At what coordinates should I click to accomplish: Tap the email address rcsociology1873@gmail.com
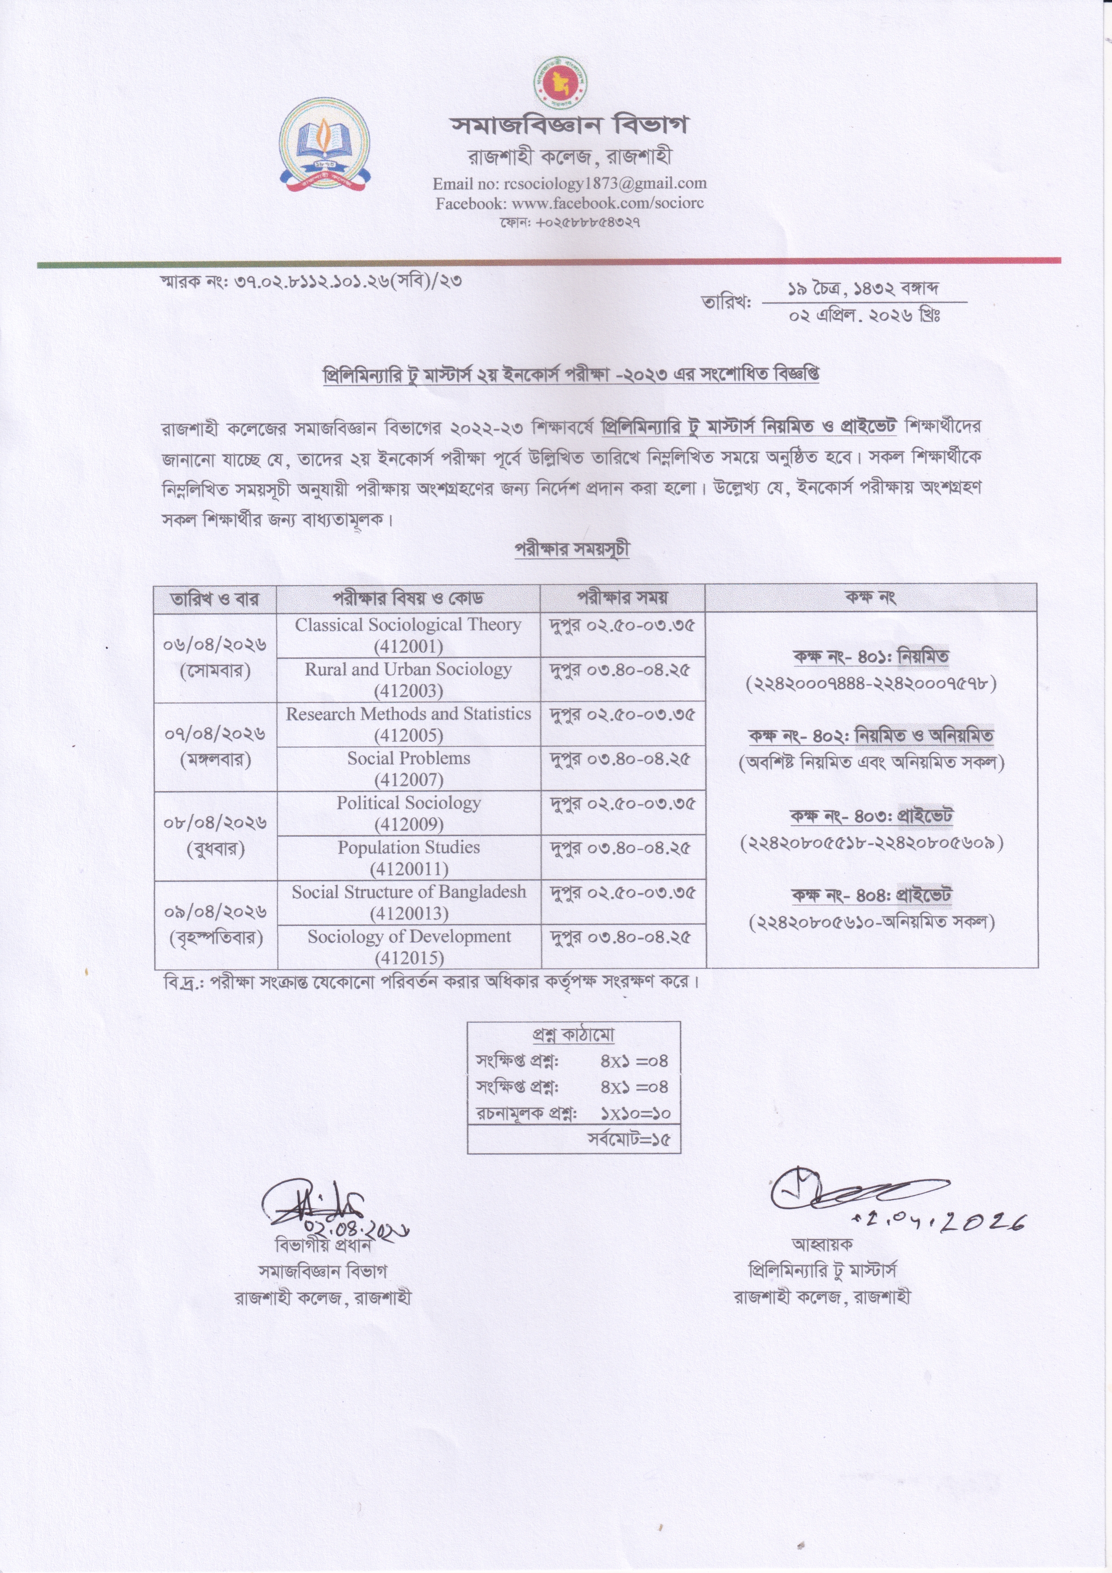(x=604, y=183)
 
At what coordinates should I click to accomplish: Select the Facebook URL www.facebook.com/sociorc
(x=608, y=204)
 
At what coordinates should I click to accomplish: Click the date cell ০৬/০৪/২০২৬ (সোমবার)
(x=215, y=658)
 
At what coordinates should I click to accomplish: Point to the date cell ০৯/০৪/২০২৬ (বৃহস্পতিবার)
(x=215, y=924)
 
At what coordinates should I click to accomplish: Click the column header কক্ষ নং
(x=870, y=597)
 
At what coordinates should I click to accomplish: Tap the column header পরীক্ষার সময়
(x=622, y=597)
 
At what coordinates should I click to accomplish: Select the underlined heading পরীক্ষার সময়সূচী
(x=572, y=549)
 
